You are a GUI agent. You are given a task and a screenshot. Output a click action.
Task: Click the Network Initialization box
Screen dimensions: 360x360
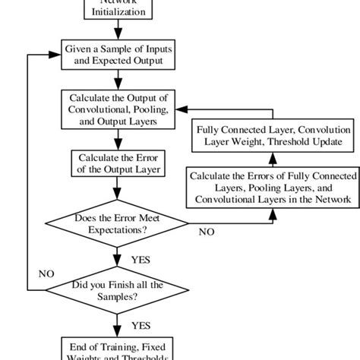118,8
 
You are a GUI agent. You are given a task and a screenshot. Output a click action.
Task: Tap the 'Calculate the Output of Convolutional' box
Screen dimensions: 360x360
118,109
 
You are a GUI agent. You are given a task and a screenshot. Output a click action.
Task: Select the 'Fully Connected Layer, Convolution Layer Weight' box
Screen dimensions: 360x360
269,135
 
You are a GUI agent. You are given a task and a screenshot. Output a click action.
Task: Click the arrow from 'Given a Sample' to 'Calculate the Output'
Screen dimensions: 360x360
118,81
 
